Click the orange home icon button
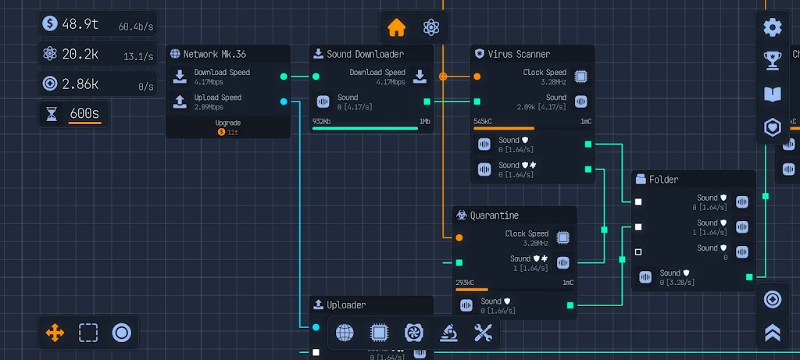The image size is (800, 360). click(x=397, y=27)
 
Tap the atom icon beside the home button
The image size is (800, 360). click(x=430, y=27)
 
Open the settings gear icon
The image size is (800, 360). click(x=773, y=27)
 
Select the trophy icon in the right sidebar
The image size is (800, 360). click(x=773, y=60)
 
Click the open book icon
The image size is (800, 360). click(x=773, y=94)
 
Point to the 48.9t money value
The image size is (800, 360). click(x=80, y=23)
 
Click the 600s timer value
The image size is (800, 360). click(x=84, y=113)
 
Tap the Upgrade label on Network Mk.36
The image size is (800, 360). click(x=228, y=123)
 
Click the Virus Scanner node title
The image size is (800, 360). click(x=519, y=55)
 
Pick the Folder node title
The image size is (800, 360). click(x=663, y=180)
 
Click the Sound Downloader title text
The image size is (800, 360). click(x=365, y=55)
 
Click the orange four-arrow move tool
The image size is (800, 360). click(x=55, y=333)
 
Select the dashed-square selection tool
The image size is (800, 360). click(x=88, y=333)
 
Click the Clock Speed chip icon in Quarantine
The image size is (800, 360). click(x=562, y=237)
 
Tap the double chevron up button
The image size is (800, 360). click(x=773, y=333)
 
